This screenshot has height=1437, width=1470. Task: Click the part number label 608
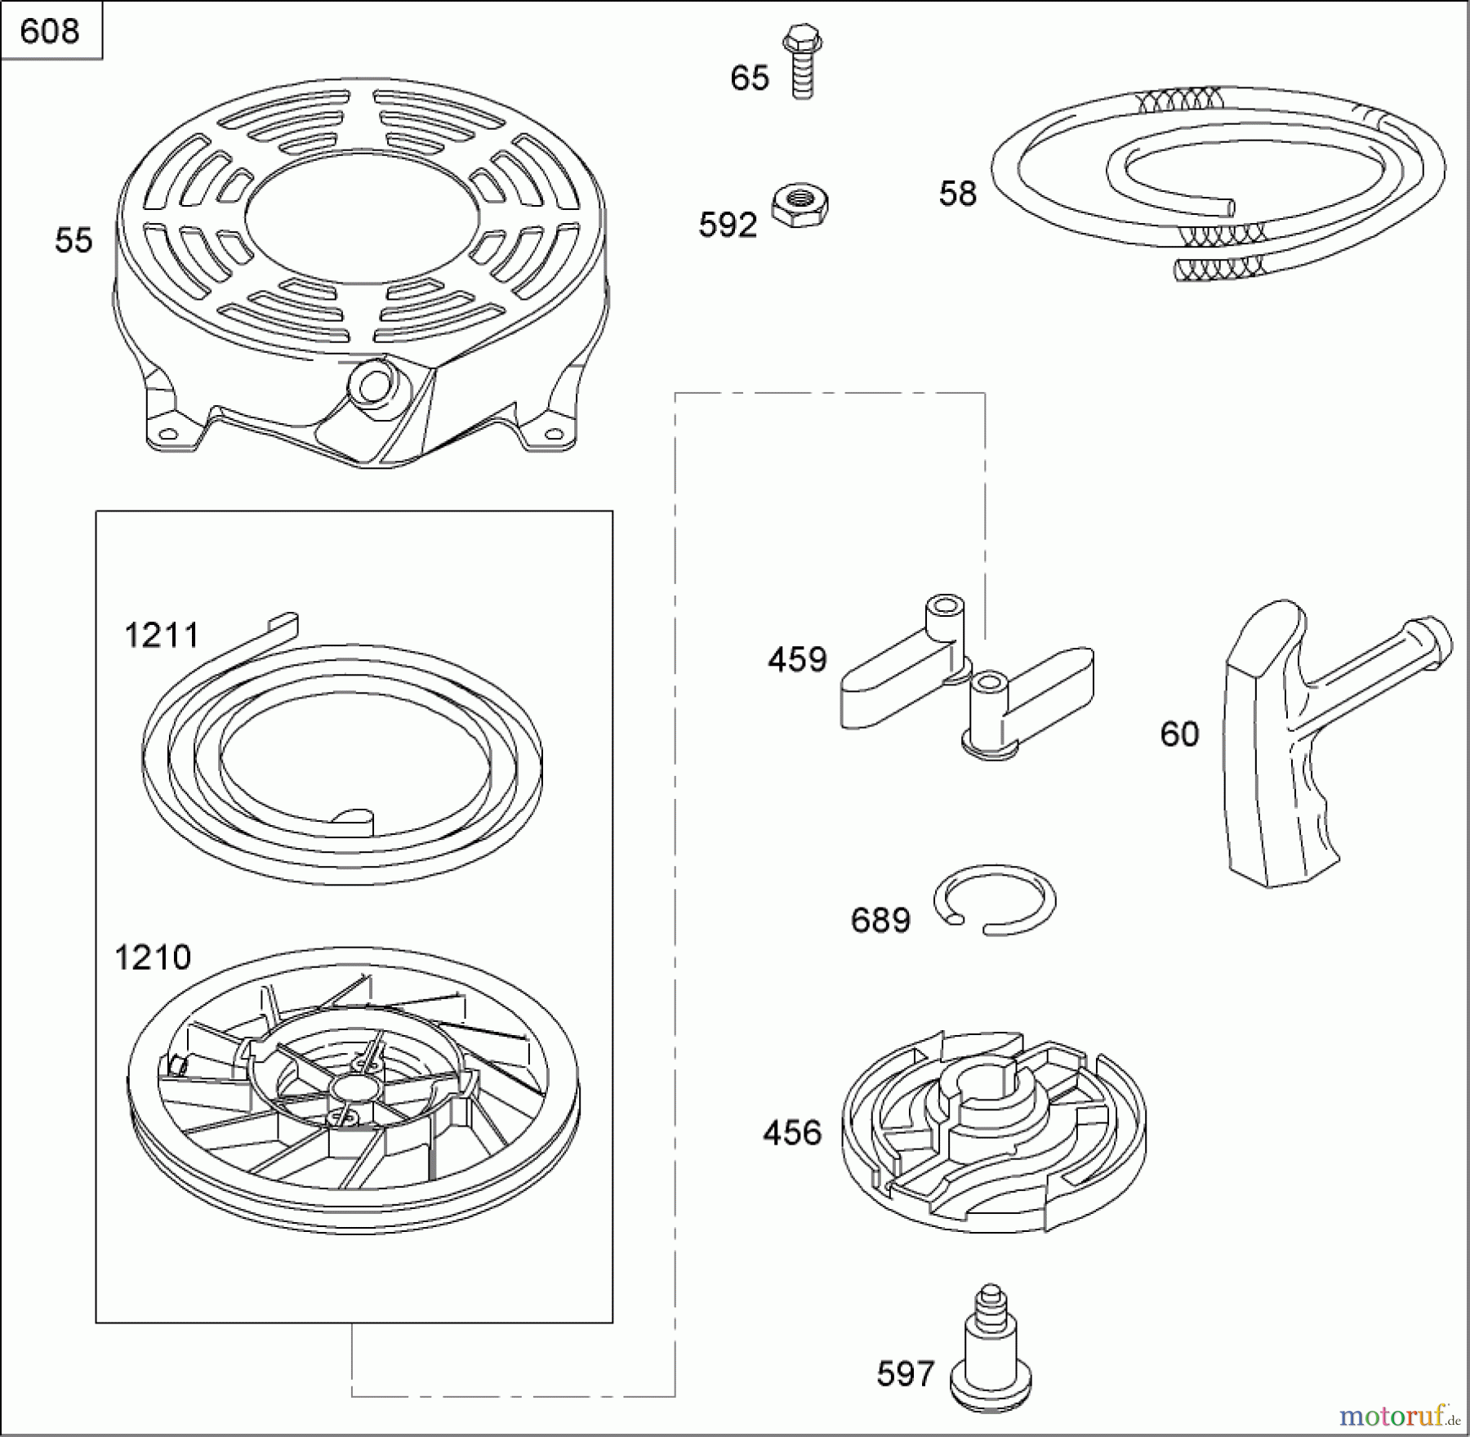[50, 31]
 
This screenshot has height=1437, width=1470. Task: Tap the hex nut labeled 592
[800, 206]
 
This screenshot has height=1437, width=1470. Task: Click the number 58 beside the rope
[958, 194]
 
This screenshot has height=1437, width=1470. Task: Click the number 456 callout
[792, 1132]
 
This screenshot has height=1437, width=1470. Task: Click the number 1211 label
[162, 635]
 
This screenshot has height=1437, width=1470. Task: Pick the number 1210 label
[153, 957]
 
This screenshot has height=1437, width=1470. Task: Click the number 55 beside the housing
[73, 240]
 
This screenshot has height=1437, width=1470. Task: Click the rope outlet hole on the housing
[373, 387]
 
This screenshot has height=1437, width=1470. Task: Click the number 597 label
[905, 1374]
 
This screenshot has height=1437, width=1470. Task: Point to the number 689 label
[880, 921]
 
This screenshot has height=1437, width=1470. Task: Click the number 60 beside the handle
[1179, 734]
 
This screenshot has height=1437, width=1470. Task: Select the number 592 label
[728, 225]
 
